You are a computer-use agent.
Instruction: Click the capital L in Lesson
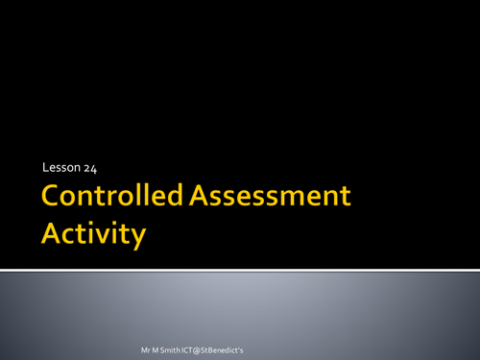click(x=45, y=168)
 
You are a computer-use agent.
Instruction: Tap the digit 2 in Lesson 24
click(x=86, y=168)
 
